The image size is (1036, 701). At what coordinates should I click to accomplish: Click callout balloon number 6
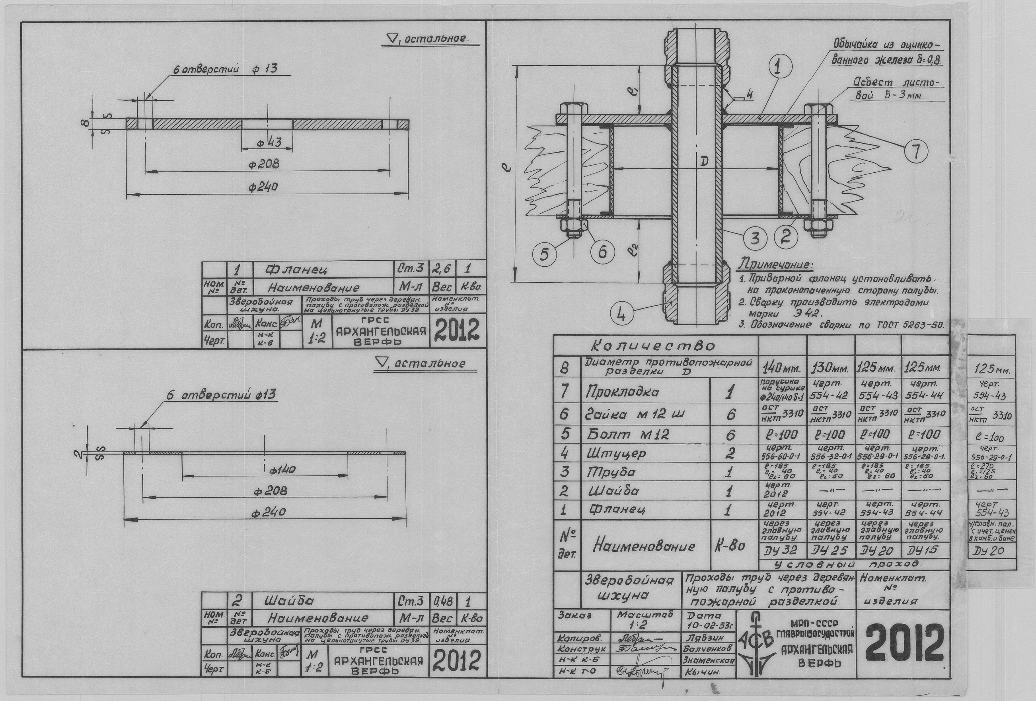[x=603, y=252]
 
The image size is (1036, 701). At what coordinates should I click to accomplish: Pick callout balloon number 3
[x=754, y=238]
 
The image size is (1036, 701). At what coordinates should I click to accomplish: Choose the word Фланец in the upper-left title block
[x=296, y=270]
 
